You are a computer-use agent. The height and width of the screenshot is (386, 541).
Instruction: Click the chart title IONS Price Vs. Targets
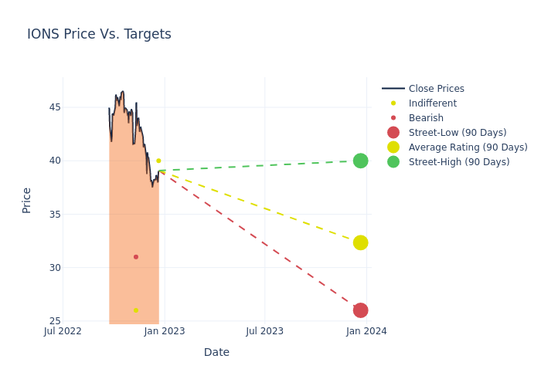pos(99,35)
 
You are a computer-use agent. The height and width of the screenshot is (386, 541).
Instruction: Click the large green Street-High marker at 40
pos(360,161)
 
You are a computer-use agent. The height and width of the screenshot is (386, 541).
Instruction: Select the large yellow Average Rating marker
pos(360,242)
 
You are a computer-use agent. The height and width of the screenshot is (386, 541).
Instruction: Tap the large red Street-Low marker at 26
pos(360,310)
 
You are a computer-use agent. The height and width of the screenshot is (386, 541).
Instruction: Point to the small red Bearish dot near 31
pos(136,257)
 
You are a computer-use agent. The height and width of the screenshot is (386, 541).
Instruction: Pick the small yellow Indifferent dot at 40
pos(158,161)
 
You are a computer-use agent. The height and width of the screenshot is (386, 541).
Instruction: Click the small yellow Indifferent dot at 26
pos(136,310)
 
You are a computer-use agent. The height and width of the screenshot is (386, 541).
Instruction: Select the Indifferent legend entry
pos(432,103)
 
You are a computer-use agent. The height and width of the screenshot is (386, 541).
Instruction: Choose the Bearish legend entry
pos(426,118)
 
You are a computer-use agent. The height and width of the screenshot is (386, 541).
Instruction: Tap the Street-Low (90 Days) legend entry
pos(458,133)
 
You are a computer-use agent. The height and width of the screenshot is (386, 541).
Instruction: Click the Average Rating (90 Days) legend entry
pos(468,147)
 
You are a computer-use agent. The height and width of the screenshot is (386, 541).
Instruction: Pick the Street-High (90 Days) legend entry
pos(459,162)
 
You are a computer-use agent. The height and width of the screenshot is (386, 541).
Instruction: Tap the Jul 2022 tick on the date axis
pos(63,331)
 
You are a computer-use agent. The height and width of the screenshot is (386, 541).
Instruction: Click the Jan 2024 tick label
pos(366,331)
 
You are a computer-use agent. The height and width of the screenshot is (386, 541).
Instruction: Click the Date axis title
pos(216,352)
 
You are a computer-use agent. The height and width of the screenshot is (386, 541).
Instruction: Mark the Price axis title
pos(27,200)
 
